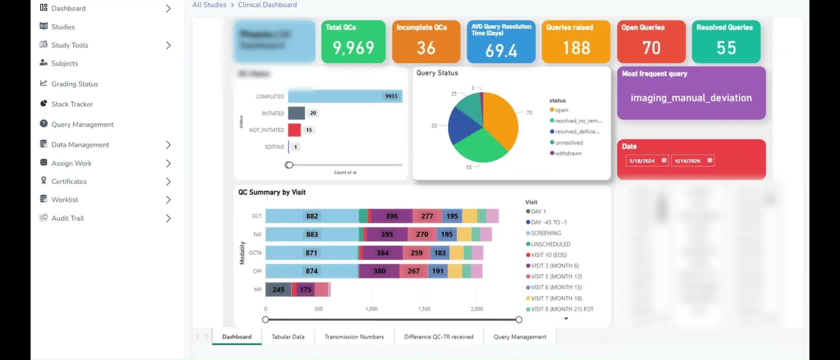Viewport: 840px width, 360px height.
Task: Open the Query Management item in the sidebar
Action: point(82,124)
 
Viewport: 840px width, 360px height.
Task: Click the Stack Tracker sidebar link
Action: point(72,104)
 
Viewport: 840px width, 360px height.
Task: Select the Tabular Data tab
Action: point(288,337)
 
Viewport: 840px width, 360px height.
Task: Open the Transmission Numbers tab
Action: point(354,337)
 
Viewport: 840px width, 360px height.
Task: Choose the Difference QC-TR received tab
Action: point(439,337)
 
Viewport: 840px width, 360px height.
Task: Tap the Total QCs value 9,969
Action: point(353,48)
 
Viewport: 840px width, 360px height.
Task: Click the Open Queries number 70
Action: point(651,48)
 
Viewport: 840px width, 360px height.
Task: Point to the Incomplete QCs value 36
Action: point(426,48)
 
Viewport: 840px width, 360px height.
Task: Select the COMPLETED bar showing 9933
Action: point(345,96)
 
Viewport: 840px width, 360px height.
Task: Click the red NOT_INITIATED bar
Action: point(294,130)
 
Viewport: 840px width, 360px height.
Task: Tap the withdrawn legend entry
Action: point(568,153)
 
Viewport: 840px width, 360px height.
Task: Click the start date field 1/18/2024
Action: point(642,161)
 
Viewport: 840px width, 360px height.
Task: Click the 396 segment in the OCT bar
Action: point(392,216)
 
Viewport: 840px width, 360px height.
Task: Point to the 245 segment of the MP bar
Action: point(278,290)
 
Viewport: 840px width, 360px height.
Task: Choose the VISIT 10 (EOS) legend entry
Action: point(548,255)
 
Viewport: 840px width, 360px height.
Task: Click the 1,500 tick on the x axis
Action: point(424,309)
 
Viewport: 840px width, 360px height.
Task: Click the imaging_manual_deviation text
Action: point(691,98)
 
